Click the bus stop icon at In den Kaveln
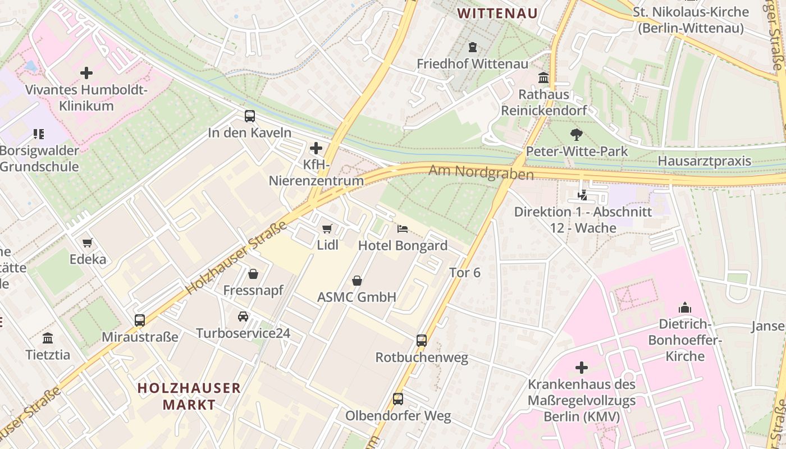click(x=250, y=116)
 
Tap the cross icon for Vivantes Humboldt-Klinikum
click(x=86, y=72)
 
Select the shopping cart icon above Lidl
click(x=327, y=228)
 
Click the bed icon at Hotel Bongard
click(x=403, y=228)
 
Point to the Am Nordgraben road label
click(x=481, y=172)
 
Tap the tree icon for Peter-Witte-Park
click(x=576, y=134)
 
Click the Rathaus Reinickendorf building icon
click(x=543, y=77)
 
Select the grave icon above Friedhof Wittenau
click(x=473, y=47)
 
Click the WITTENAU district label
click(x=497, y=13)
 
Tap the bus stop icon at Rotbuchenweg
click(x=422, y=340)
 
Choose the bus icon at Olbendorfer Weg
click(x=398, y=399)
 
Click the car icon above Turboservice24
click(x=243, y=316)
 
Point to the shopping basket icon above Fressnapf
click(x=253, y=273)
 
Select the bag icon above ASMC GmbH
click(x=357, y=280)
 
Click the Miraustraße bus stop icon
click(x=140, y=320)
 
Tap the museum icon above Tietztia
click(x=48, y=338)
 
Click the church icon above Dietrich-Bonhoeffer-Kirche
click(x=684, y=307)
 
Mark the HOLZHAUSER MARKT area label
click(x=189, y=396)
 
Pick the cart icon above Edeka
click(x=88, y=242)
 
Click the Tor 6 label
click(x=465, y=272)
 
